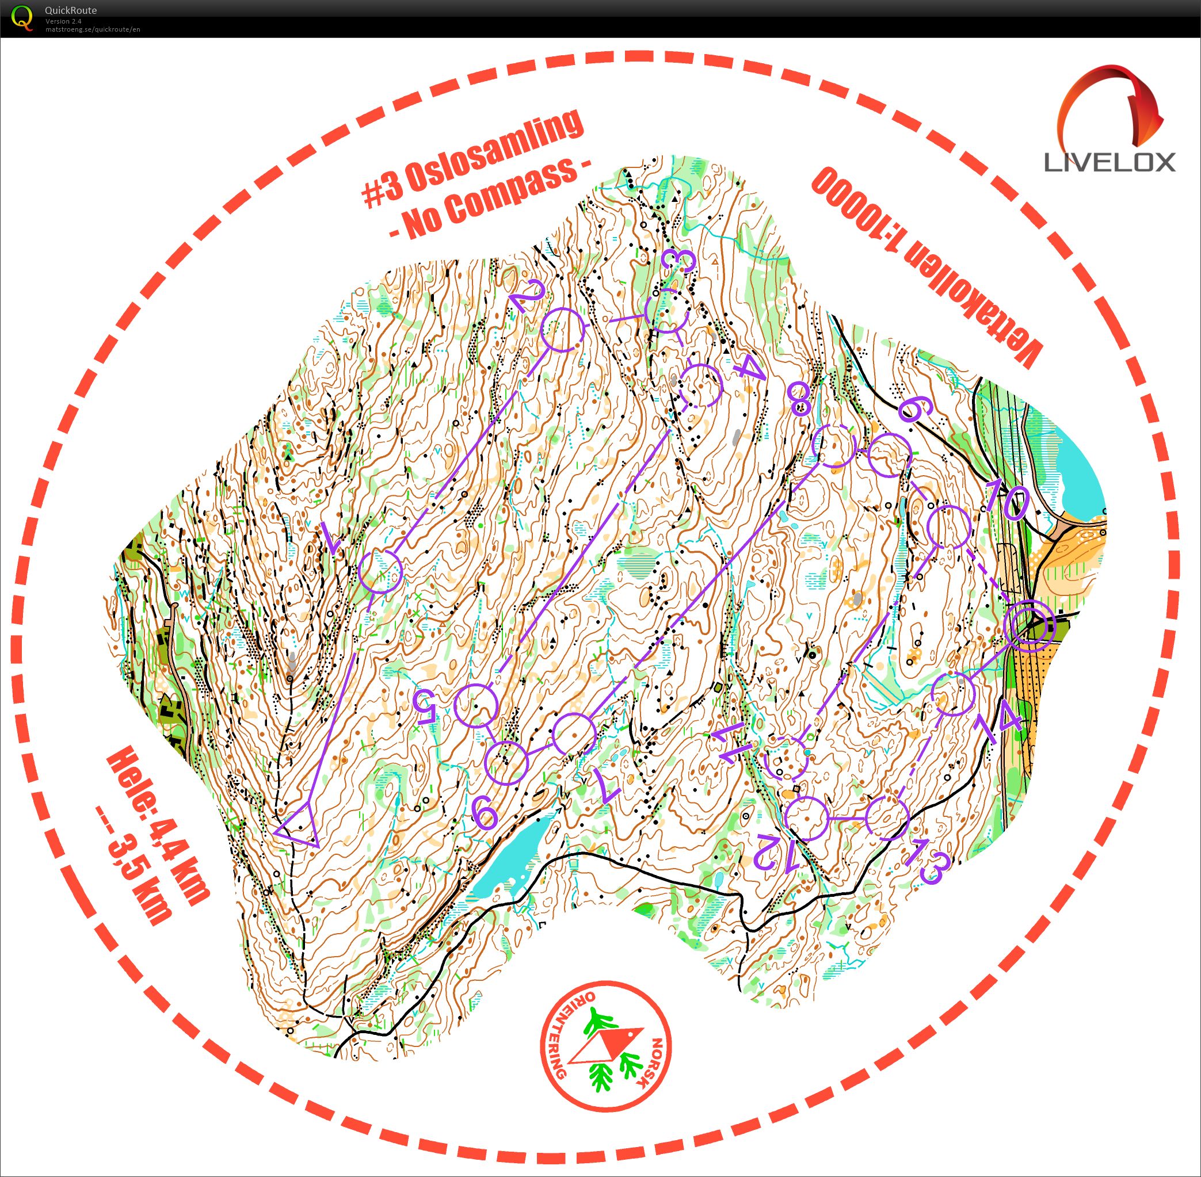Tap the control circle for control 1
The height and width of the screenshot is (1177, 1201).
coord(380,571)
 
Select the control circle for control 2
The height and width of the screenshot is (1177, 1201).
coord(562,330)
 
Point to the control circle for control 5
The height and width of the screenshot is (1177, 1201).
coord(475,705)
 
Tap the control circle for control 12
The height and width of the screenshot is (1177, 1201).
coord(806,818)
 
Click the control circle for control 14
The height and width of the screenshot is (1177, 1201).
coord(953,694)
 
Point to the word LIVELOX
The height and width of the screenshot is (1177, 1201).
coord(1110,163)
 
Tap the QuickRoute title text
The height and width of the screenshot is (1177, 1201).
coord(71,10)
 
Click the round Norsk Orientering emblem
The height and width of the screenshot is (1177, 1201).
coord(605,1046)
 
